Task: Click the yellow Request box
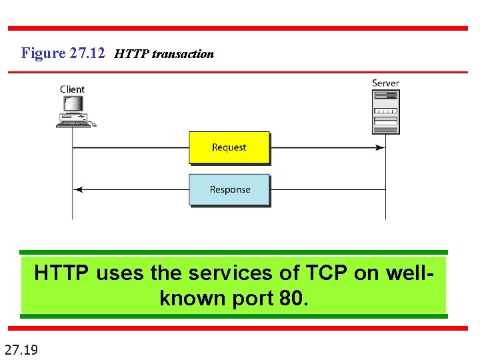click(229, 147)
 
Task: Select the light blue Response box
click(229, 189)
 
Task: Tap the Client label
click(72, 89)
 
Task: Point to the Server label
click(385, 83)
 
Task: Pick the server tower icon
click(385, 111)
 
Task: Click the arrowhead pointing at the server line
click(381, 147)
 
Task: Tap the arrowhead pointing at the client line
click(77, 189)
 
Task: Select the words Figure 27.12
click(63, 53)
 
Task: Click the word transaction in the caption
click(183, 54)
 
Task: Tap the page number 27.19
click(21, 348)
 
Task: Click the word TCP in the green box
click(325, 273)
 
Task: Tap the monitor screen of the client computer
click(73, 104)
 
